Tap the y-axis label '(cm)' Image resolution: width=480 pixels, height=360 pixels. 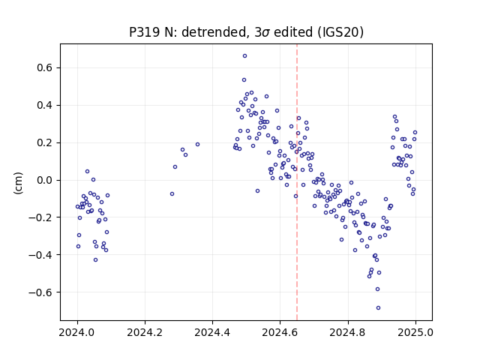tap(18, 183)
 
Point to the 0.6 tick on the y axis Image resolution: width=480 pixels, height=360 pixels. tap(44, 67)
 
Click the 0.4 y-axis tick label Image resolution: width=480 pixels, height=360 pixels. tap(44, 105)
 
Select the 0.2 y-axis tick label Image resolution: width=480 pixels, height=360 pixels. tap(44, 143)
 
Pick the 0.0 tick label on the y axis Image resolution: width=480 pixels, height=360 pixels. tap(44, 180)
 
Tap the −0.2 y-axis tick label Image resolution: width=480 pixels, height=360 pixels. tap(40, 217)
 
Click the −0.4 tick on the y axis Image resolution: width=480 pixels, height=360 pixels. tap(40, 255)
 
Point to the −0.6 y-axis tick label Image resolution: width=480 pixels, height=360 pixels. tap(40, 292)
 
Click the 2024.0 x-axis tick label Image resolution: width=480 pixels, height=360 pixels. tap(77, 332)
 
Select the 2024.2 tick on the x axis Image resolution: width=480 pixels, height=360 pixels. tap(145, 332)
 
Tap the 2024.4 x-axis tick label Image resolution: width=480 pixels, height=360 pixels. tap(212, 332)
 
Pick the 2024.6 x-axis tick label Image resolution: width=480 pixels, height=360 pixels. tap(280, 332)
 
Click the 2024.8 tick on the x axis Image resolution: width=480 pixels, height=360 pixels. tap(347, 332)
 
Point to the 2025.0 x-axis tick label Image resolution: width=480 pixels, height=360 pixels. tap(415, 332)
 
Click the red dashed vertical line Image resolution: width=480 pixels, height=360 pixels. tap(297, 182)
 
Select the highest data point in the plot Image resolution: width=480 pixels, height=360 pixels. tap(245, 56)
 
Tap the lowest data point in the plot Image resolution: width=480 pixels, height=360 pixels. tap(378, 308)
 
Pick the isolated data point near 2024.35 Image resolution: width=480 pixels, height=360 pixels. tap(197, 145)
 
